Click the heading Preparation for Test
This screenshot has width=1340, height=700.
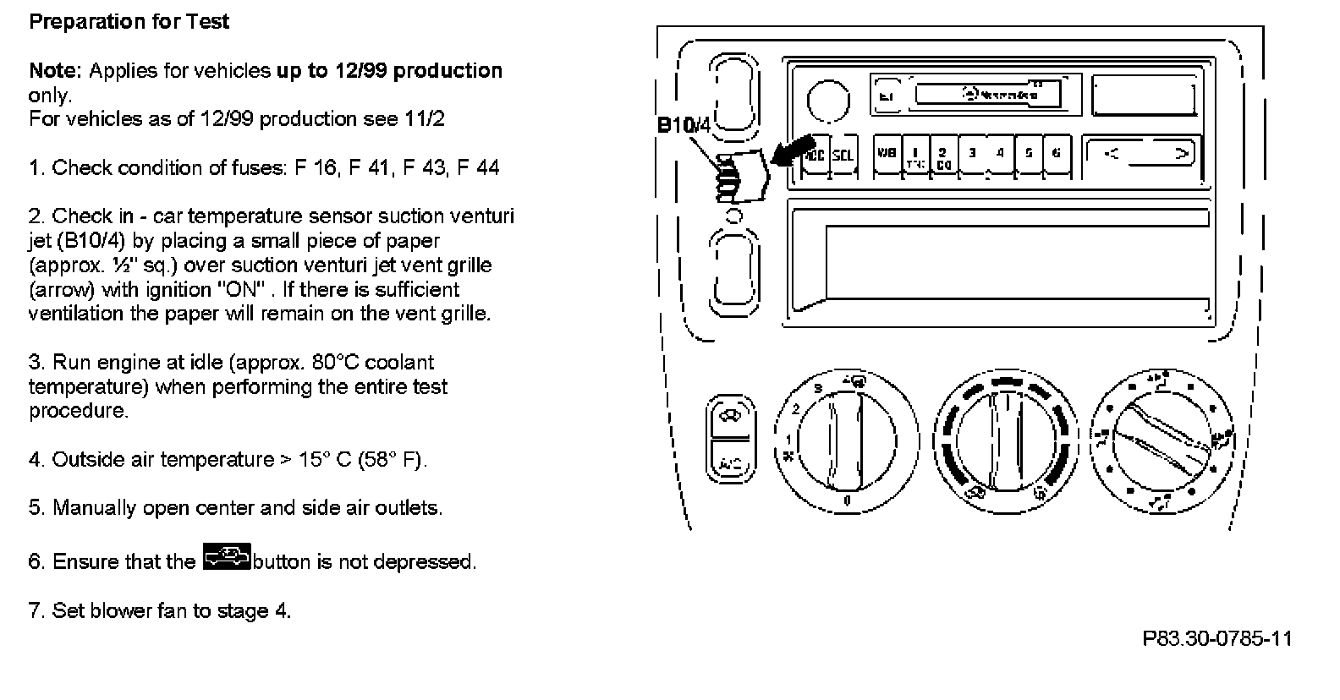129,21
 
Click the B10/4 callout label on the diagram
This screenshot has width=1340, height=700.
684,125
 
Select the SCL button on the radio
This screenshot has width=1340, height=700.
843,156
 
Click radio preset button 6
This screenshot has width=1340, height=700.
1056,154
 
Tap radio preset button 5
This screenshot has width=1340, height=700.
1029,154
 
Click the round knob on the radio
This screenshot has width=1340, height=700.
828,101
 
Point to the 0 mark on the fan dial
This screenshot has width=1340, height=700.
847,501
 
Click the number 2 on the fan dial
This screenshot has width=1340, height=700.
795,409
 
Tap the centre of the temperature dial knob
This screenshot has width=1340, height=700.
1007,439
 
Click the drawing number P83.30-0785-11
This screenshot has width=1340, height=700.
1217,638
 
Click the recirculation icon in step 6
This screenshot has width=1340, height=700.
227,559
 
